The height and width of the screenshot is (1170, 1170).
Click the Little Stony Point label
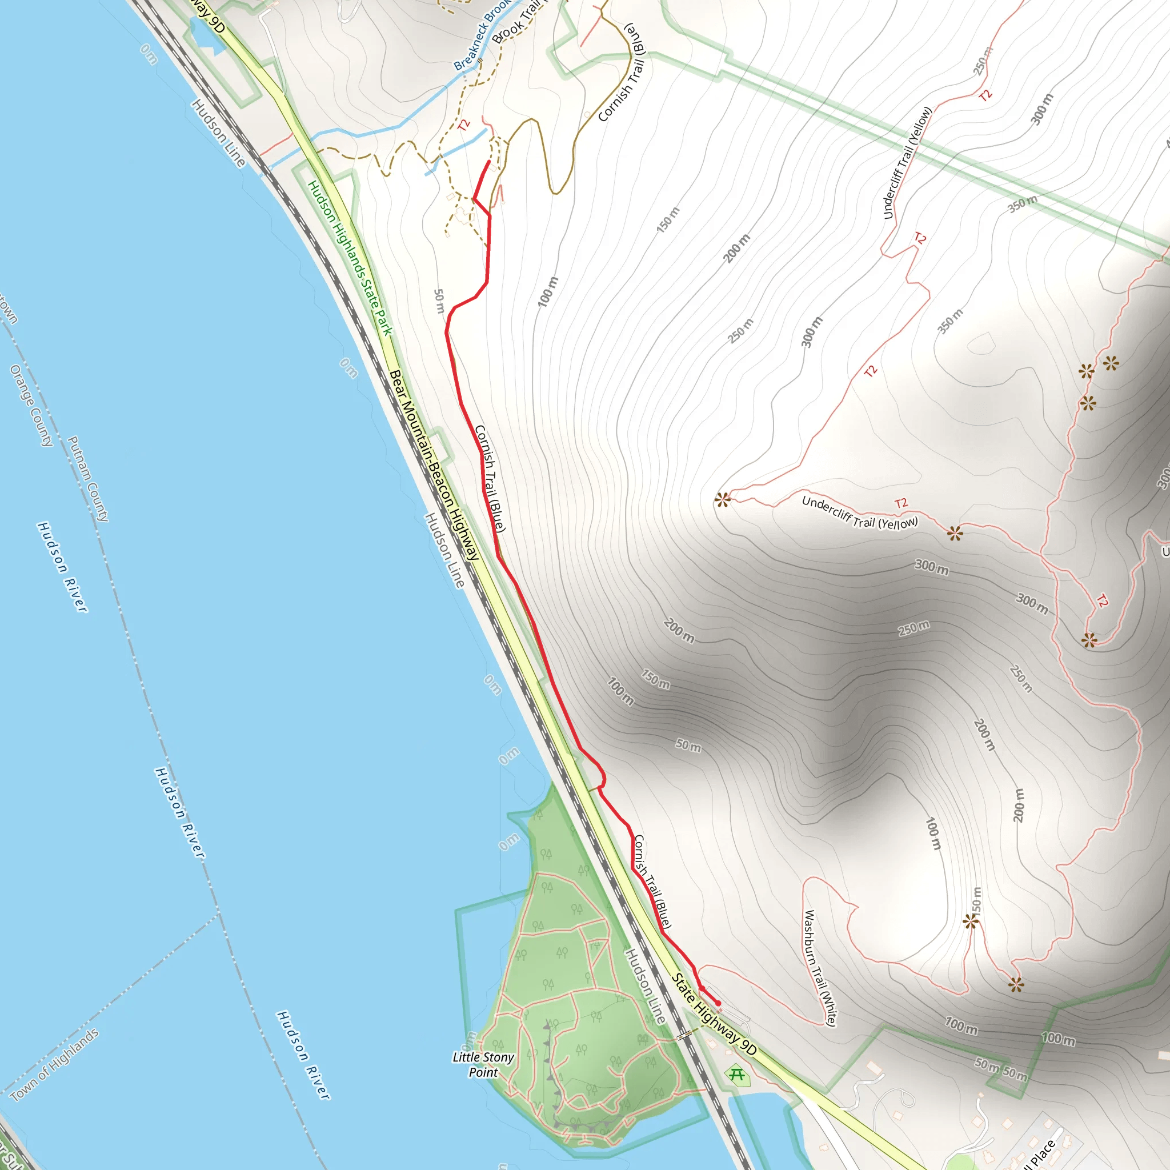tap(483, 1064)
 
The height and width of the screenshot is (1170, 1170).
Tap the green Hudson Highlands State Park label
tap(350, 258)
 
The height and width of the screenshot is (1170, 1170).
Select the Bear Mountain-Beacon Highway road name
tap(434, 465)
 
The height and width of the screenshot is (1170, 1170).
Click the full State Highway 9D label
tap(714, 1015)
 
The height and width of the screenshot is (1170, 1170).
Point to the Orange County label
tap(31, 405)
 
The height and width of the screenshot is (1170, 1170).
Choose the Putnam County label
tap(89, 478)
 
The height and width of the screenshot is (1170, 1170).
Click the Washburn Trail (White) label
tap(820, 967)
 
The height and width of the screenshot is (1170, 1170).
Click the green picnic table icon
tap(737, 1075)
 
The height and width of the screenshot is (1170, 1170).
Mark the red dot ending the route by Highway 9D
tap(718, 1003)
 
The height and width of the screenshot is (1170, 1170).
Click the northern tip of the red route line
tap(488, 162)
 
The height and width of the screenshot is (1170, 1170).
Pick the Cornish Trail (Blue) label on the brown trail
tap(623, 73)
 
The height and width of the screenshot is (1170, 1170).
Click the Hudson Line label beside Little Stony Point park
tap(646, 986)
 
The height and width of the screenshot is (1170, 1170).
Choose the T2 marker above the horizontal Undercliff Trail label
tap(900, 503)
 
